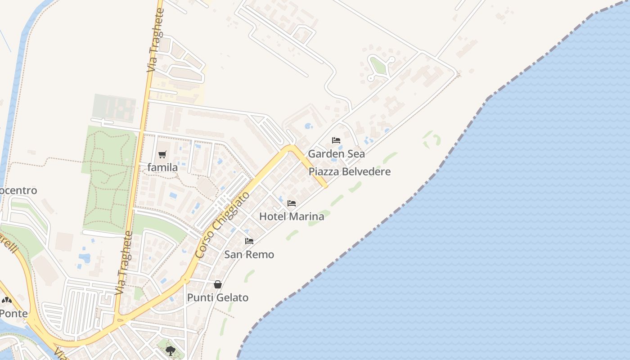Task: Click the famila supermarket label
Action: pyautogui.click(x=162, y=167)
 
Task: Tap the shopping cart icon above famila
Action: pyautogui.click(x=162, y=154)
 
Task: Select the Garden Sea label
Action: pyautogui.click(x=336, y=153)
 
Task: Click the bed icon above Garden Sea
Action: pyautogui.click(x=336, y=140)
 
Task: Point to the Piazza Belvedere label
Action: pyautogui.click(x=350, y=171)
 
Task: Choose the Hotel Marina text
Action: pyautogui.click(x=292, y=216)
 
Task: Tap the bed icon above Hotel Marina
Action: pyautogui.click(x=292, y=203)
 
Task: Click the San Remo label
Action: pyautogui.click(x=249, y=254)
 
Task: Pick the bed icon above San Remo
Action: pyautogui.click(x=249, y=241)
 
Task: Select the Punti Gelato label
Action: pyautogui.click(x=218, y=297)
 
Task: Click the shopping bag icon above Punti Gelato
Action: pyautogui.click(x=218, y=284)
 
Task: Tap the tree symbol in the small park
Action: pyautogui.click(x=170, y=350)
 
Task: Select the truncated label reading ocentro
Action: pyautogui.click(x=18, y=190)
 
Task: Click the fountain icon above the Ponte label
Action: pyautogui.click(x=6, y=300)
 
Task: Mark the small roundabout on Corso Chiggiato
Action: pyautogui.click(x=184, y=280)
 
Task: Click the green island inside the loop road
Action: pyautogui.click(x=378, y=67)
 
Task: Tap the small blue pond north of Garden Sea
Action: pyautogui.click(x=309, y=126)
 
